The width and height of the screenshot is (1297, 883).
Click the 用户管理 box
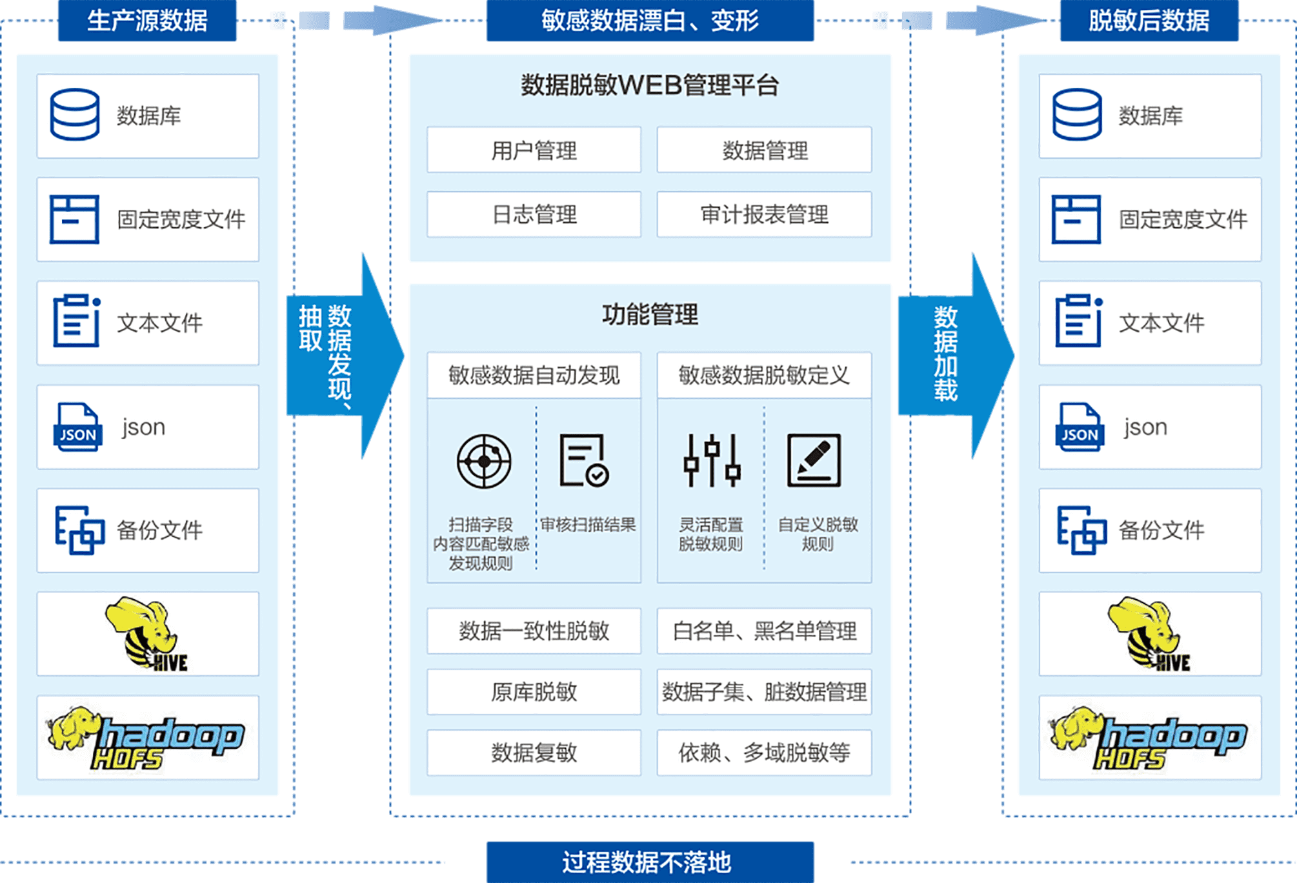[x=534, y=150]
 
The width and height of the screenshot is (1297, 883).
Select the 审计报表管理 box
[x=764, y=214]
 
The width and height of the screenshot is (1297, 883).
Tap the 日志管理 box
[x=534, y=214]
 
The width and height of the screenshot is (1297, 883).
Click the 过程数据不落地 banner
[x=649, y=862]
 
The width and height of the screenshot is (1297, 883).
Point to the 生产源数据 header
[x=147, y=21]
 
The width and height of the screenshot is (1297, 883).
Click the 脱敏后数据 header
[x=1149, y=21]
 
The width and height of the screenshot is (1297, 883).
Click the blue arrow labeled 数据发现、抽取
[x=342, y=355]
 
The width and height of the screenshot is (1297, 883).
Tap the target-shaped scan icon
[x=484, y=462]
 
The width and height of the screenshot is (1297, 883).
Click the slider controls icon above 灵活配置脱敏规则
[x=712, y=460]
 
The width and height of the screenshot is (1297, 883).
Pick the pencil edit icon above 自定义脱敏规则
[x=814, y=460]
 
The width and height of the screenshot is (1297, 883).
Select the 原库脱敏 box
[x=534, y=692]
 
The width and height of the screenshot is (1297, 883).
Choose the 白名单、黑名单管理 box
[x=764, y=631]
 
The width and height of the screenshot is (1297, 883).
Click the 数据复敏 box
[x=534, y=753]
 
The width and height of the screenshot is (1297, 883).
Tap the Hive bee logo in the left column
[x=148, y=634]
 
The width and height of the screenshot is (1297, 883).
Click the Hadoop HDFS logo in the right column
[x=1149, y=737]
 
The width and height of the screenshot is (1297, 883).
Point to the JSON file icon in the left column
[x=77, y=427]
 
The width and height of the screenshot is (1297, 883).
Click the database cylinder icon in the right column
[x=1076, y=115]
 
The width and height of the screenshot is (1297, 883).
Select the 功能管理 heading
[x=650, y=315]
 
